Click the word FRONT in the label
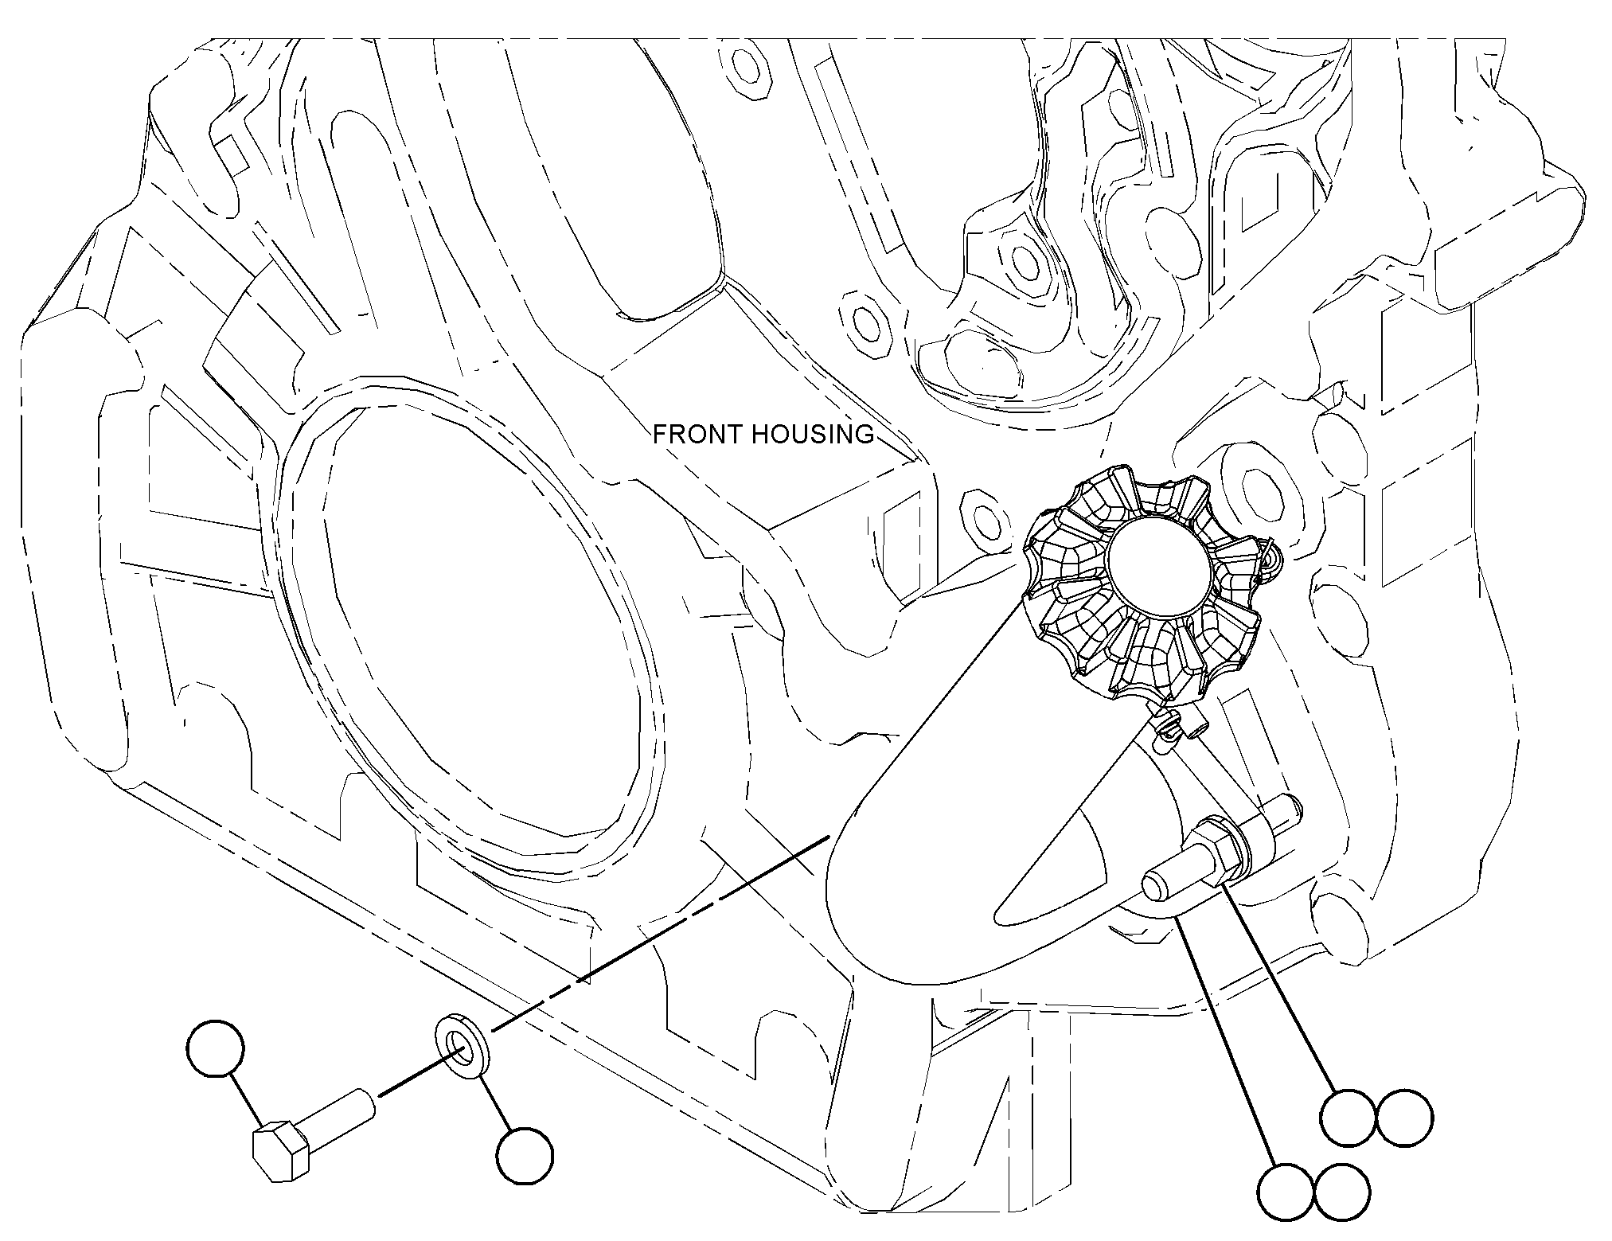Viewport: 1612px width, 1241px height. coord(697,434)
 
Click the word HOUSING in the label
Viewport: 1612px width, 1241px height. coord(812,434)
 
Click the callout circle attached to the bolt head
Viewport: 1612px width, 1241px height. coord(215,1048)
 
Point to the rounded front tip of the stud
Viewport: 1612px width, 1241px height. coord(1154,888)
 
